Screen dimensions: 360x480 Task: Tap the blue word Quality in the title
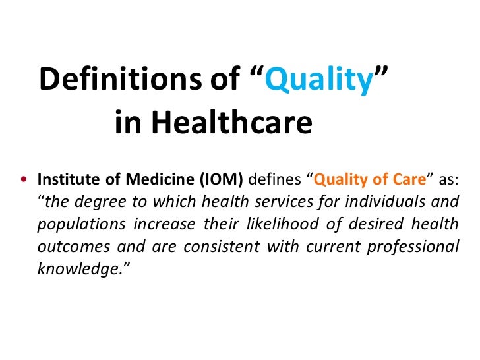tap(322, 80)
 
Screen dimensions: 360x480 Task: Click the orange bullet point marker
tap(24, 180)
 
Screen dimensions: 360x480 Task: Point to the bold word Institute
tap(63, 179)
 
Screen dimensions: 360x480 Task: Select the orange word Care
tap(409, 179)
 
